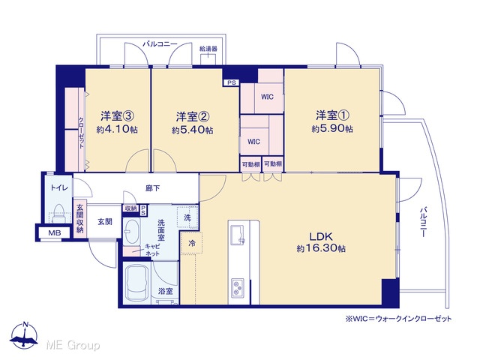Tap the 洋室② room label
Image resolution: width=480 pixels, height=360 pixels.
click(x=193, y=117)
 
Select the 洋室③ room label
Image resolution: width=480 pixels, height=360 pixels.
click(x=118, y=116)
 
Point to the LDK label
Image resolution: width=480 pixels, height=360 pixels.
click(x=321, y=236)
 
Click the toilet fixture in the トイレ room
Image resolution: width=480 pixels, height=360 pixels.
click(x=58, y=214)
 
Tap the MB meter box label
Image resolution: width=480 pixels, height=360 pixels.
click(x=55, y=233)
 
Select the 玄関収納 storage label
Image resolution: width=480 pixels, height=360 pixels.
click(x=80, y=218)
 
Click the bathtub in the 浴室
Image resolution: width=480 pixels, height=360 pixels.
click(x=136, y=283)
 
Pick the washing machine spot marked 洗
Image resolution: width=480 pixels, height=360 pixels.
click(x=187, y=217)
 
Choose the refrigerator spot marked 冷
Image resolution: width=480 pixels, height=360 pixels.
click(x=192, y=243)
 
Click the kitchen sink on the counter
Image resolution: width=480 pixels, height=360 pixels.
click(x=238, y=235)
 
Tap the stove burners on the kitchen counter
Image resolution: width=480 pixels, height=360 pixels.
click(x=237, y=288)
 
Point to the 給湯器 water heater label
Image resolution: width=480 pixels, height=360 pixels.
click(x=208, y=49)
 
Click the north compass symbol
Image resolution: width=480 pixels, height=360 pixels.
click(x=24, y=335)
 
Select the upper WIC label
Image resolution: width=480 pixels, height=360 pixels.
click(x=267, y=97)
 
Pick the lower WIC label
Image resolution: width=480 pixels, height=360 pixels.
click(x=253, y=142)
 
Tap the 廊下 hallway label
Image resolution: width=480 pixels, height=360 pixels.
click(x=152, y=188)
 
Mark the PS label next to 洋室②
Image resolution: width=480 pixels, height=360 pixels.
click(x=232, y=82)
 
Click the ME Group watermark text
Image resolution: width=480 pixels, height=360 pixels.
click(x=73, y=345)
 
